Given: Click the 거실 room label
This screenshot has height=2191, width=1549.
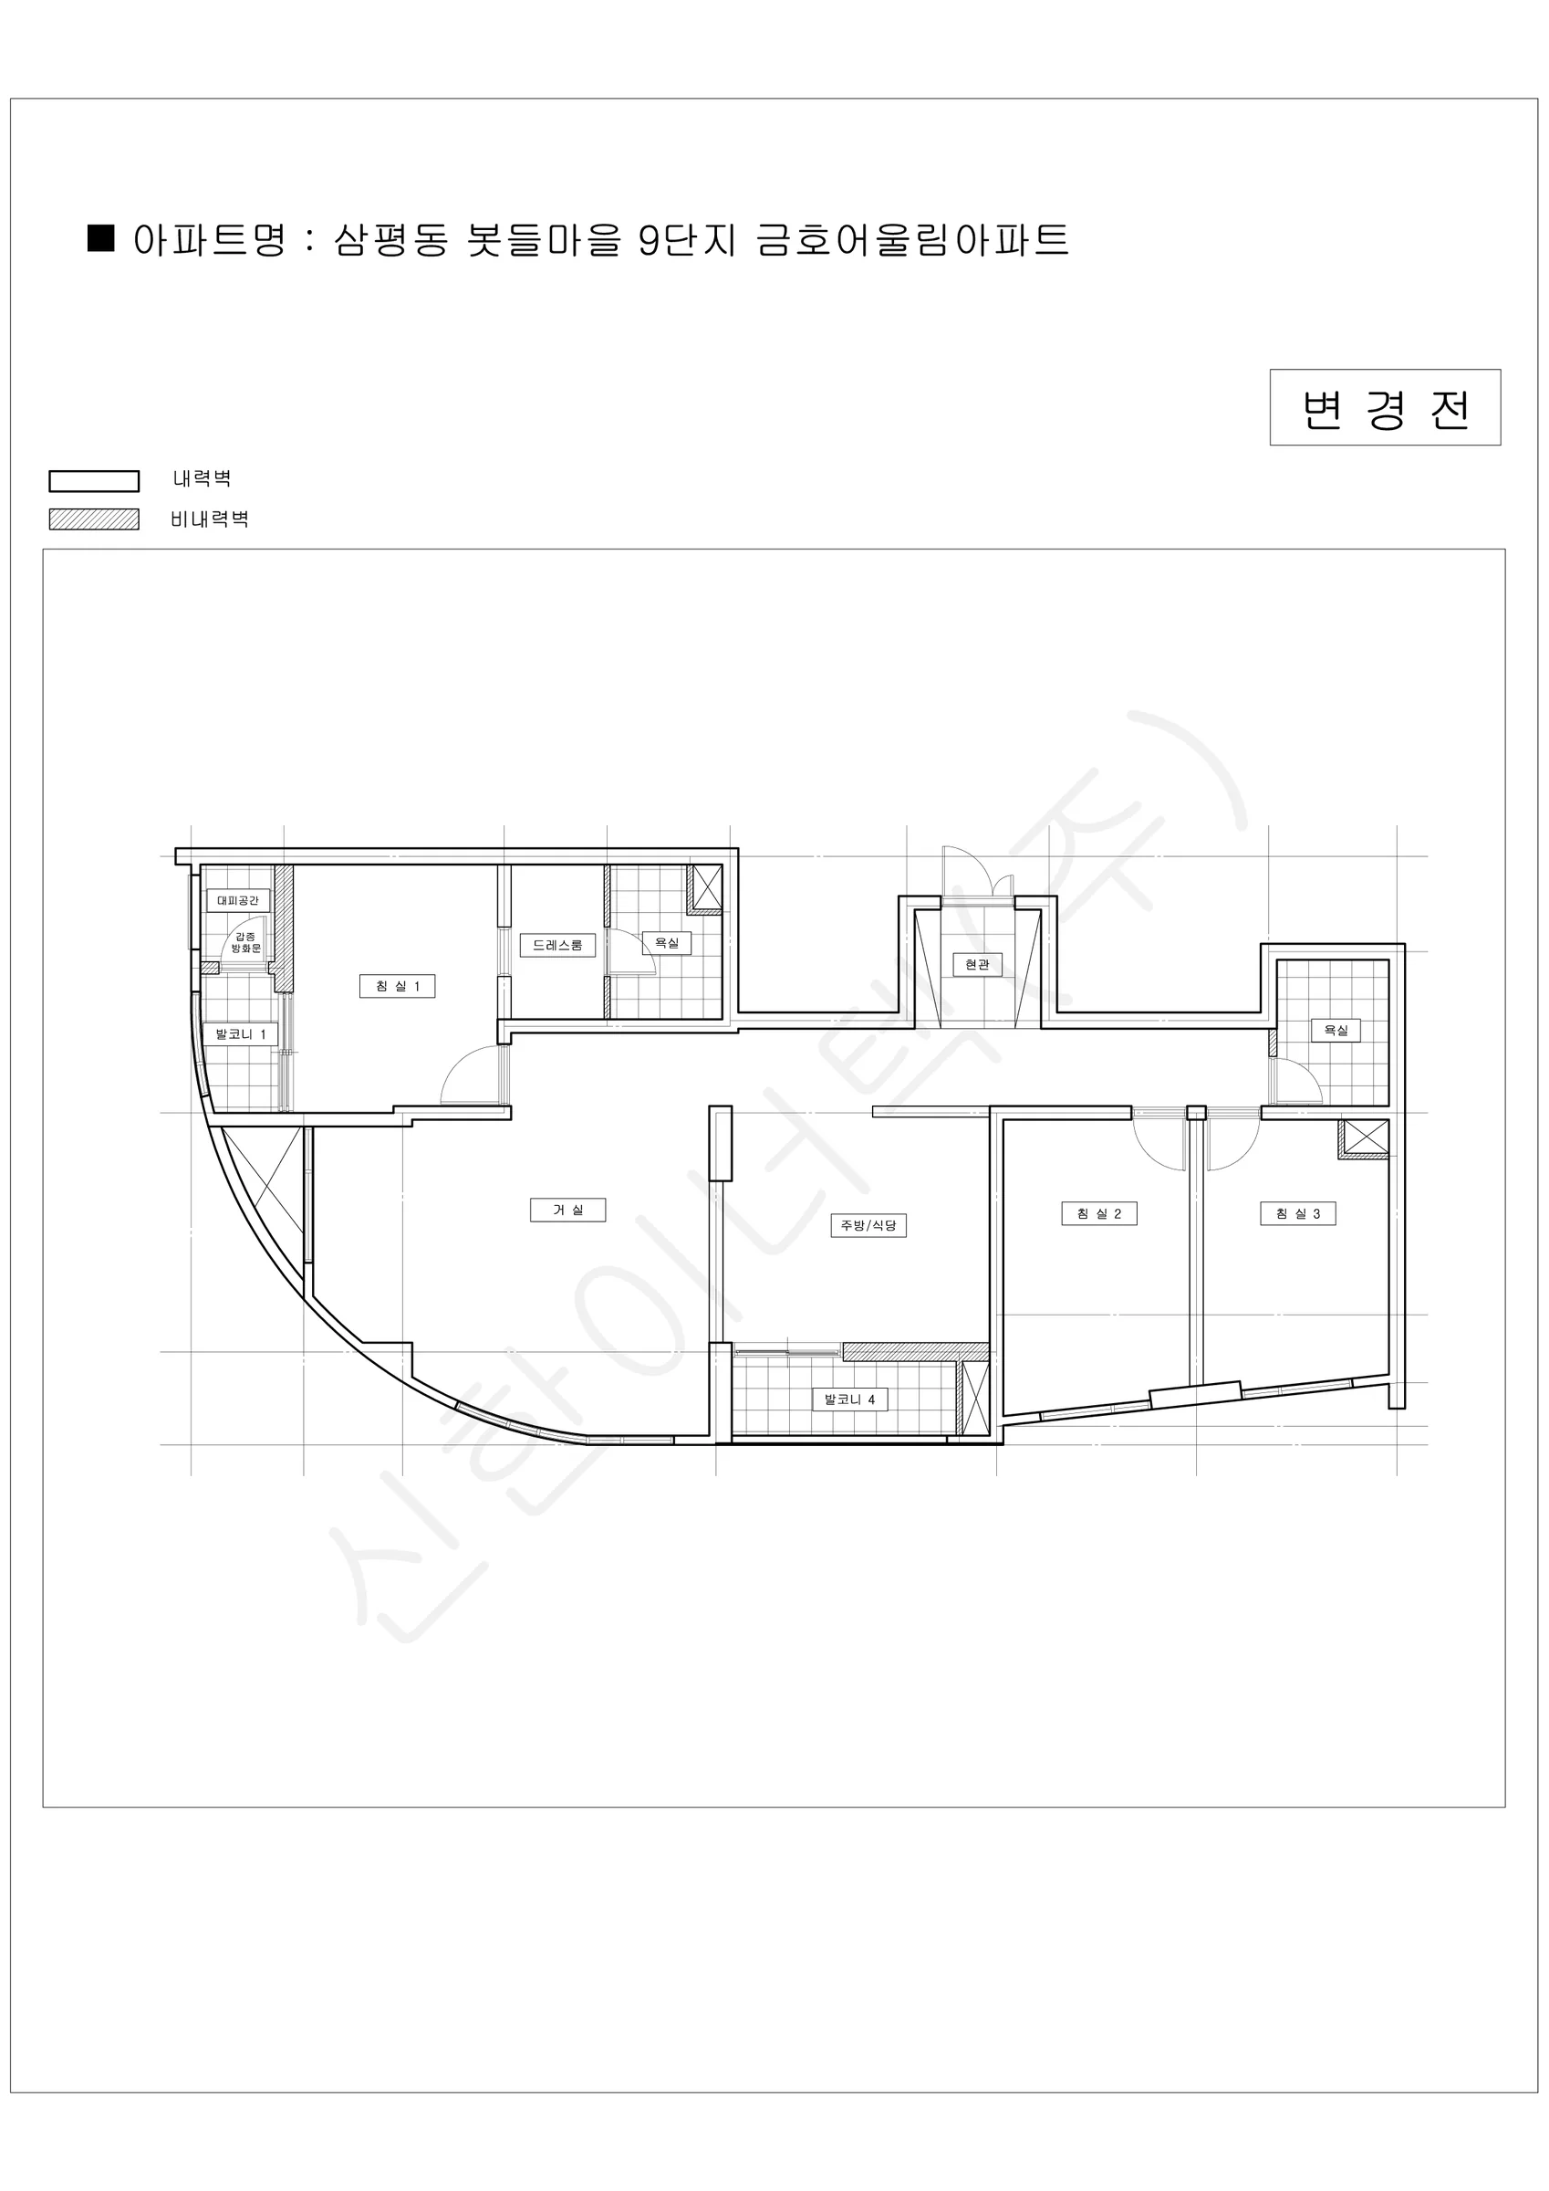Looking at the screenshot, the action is [x=567, y=1210].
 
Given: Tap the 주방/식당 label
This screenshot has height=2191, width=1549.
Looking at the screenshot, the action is [x=868, y=1225].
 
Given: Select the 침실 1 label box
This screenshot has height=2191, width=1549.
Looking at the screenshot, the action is [x=397, y=986].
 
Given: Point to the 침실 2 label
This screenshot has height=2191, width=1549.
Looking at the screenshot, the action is [x=1098, y=1214].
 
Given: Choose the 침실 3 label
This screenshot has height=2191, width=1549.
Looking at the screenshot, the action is [x=1297, y=1214].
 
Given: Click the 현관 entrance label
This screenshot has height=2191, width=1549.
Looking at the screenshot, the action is [x=978, y=965].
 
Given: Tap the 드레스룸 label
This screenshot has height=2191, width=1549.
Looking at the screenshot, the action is [x=557, y=945].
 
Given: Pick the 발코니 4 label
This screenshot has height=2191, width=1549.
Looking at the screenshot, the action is [x=850, y=1399].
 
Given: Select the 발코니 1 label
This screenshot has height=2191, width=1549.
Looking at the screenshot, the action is [x=239, y=1034].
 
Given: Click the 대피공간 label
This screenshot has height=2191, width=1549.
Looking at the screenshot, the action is [x=237, y=900].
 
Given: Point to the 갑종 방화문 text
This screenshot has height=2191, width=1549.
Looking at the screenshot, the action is [x=246, y=943].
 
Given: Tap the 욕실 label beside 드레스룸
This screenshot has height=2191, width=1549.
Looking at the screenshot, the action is [x=667, y=943].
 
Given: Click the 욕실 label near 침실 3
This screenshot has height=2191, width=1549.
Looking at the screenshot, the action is [x=1336, y=1030].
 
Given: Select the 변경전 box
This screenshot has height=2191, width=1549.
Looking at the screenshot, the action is [x=1385, y=407].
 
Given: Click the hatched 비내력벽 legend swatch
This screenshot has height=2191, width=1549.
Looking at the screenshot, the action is [x=95, y=519].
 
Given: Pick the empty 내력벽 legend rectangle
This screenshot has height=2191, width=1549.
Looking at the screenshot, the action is [x=95, y=481].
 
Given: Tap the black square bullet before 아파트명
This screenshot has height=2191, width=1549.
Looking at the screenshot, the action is [x=101, y=237].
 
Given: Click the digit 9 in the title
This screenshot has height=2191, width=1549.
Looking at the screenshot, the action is [x=650, y=239].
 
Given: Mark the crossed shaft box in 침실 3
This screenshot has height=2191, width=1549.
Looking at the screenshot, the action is [x=1364, y=1138].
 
